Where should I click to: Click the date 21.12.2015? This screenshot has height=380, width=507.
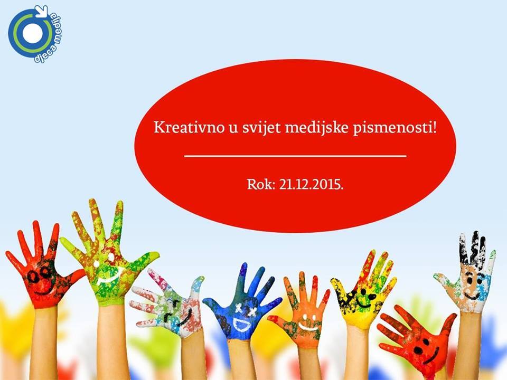tap(311, 185)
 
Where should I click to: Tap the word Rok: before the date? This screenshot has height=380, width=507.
tap(261, 185)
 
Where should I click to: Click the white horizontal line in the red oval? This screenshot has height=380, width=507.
tap(295, 156)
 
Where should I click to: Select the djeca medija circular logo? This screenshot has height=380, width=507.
tap(35, 34)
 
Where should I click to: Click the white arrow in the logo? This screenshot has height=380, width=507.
tap(42, 11)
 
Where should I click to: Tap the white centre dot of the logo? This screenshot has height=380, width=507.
tap(33, 34)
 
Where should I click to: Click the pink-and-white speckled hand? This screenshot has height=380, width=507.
tap(168, 304)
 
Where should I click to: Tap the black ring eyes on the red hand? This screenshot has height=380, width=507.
tap(38, 275)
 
